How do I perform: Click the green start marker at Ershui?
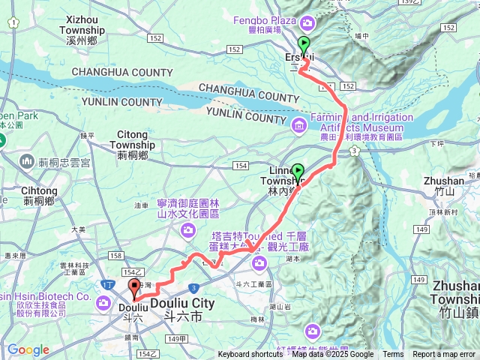tap(304, 45)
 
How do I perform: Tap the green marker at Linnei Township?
tap(298, 172)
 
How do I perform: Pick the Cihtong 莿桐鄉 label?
tap(34, 196)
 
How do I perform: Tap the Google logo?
tap(28, 350)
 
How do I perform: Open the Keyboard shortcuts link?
tap(250, 355)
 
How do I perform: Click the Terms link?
tap(393, 355)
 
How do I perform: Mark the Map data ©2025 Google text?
tap(333, 355)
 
